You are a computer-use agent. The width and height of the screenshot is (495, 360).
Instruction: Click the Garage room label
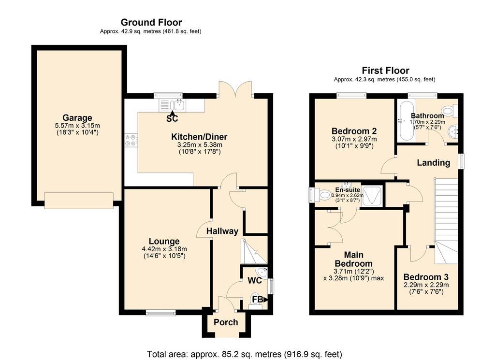(x=77, y=118)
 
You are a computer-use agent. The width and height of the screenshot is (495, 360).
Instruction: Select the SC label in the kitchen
(x=172, y=119)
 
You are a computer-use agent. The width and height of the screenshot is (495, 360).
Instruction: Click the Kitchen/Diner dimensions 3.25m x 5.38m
(x=200, y=145)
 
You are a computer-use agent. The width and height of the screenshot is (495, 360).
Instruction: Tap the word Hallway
(x=222, y=231)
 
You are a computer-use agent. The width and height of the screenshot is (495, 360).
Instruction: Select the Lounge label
(x=164, y=241)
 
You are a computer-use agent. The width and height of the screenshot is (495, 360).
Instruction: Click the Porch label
(x=226, y=322)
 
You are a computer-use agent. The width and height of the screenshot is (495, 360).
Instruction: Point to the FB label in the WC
(x=258, y=300)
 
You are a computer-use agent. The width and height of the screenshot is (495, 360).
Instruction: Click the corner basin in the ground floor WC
(x=262, y=272)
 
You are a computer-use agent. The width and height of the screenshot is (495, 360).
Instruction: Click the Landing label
(x=434, y=163)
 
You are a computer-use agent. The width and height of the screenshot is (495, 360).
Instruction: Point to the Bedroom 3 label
(x=426, y=277)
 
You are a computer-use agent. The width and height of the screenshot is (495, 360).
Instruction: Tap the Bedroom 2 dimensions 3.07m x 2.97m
(x=354, y=139)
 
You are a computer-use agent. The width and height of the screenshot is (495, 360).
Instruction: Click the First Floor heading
(x=385, y=71)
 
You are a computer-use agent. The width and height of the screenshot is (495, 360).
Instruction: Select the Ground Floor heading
(x=151, y=22)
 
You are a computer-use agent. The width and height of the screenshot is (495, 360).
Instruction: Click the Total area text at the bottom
(x=244, y=354)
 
